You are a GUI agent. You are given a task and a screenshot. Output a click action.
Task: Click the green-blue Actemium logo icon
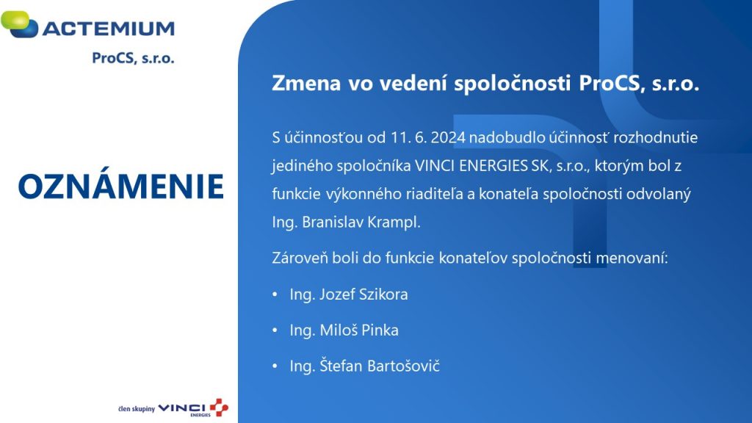[19, 24]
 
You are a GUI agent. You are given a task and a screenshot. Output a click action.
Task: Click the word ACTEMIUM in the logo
[109, 29]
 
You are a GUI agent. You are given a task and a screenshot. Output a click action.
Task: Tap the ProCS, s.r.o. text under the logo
[133, 59]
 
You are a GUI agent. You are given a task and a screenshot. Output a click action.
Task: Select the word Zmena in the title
[306, 83]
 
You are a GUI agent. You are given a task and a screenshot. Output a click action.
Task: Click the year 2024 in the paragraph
[448, 137]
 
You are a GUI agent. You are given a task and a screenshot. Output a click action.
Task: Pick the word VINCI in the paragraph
[435, 166]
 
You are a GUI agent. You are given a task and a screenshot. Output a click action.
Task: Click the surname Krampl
[394, 223]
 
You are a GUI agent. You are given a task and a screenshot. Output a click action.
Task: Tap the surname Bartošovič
[403, 366]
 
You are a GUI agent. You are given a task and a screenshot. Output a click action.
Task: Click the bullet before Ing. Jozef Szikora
[275, 294]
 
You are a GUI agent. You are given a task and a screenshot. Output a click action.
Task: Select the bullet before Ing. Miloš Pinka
[275, 330]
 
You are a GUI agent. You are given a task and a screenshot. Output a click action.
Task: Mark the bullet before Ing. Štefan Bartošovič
[275, 366]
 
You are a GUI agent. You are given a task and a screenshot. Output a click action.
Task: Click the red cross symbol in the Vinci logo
[219, 407]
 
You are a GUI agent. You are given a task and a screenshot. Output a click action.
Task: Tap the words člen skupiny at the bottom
[137, 409]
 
